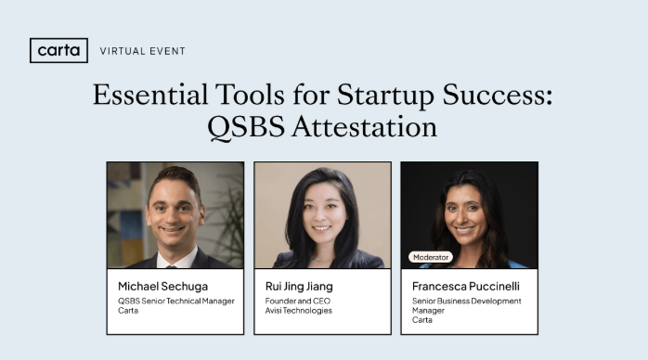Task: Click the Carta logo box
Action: [x=58, y=50]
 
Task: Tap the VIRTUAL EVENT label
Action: [x=142, y=51]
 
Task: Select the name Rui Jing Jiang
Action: [x=300, y=285]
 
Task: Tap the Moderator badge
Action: [x=431, y=256]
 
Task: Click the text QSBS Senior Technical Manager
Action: [x=176, y=301]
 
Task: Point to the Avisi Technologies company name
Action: [x=297, y=311]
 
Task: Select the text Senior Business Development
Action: [x=466, y=301]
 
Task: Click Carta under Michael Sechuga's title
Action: [x=128, y=311]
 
